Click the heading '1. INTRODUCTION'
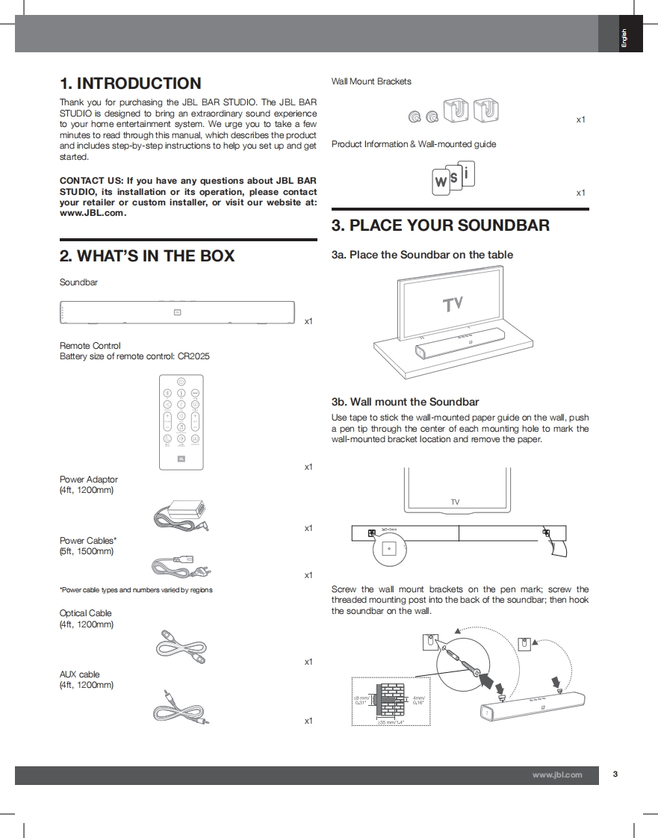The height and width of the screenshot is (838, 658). tap(131, 84)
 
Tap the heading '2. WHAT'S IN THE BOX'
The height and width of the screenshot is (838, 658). tap(147, 256)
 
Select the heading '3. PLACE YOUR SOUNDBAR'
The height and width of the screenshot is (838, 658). tap(440, 226)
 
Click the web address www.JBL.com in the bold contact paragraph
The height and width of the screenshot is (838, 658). tap(93, 213)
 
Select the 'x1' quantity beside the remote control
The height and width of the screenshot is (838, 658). tap(308, 467)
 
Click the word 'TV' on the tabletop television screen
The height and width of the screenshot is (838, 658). tap(453, 305)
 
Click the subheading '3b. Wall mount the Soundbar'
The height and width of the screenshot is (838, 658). tap(405, 402)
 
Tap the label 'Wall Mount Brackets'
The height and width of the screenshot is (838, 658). tap(371, 81)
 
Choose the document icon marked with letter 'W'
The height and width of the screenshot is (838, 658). tap(441, 182)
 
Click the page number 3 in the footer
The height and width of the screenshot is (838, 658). tap(615, 775)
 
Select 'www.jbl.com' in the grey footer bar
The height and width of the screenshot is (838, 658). tap(556, 775)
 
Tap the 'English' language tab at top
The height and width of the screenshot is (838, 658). tap(624, 37)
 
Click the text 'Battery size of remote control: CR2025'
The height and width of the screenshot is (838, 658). tap(134, 356)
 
